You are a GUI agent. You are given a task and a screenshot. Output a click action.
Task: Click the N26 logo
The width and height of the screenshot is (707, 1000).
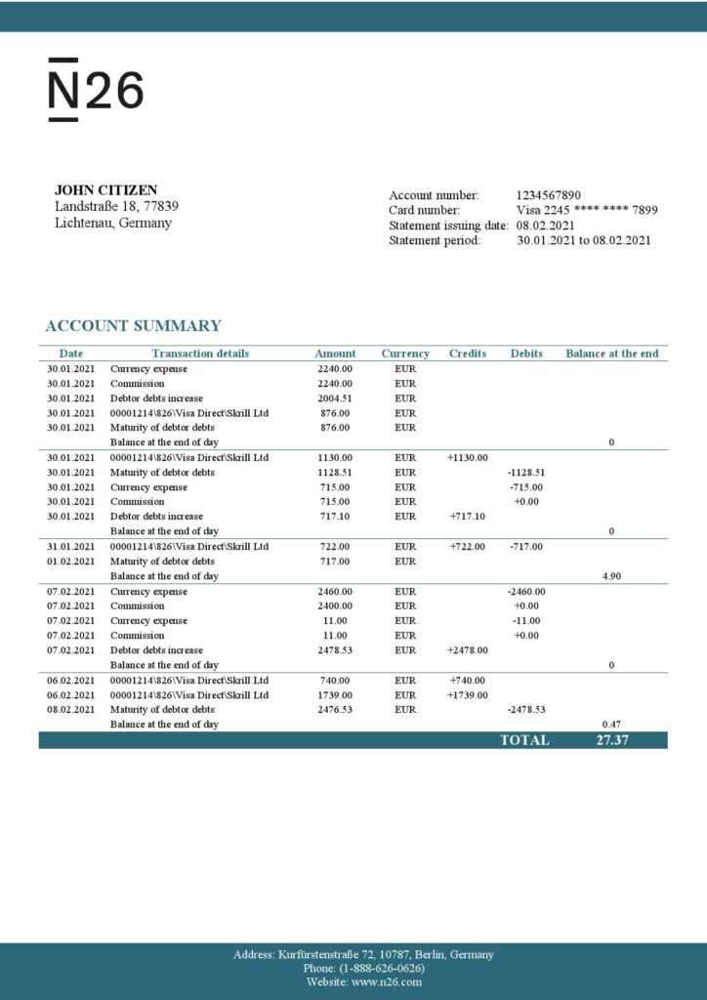96,90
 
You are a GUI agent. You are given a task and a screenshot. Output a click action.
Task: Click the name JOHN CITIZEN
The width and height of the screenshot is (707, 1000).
105,190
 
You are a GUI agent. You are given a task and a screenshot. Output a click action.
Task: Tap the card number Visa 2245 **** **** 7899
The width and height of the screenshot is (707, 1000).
586,210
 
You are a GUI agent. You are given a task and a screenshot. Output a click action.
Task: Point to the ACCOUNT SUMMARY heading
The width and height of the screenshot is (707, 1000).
133,326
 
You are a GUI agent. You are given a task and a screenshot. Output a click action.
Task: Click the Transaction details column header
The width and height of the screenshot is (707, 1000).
200,354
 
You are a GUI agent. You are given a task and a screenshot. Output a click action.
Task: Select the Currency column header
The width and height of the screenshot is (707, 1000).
405,354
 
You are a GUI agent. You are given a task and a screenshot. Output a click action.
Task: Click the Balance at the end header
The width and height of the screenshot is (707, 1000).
611,354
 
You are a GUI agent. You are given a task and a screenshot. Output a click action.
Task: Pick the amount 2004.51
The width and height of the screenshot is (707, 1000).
335,398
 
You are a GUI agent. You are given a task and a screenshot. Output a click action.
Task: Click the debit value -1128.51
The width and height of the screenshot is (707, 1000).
526,473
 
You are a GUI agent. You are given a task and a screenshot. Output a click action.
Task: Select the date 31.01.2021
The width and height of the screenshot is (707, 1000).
71,547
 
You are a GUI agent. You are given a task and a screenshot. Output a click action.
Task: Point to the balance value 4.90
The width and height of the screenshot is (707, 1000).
611,576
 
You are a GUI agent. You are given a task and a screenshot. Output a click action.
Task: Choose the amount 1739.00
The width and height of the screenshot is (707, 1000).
335,694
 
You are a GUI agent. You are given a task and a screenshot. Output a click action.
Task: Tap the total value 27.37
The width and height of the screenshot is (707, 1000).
611,740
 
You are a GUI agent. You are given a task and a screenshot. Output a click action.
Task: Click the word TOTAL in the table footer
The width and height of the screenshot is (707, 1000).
524,740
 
